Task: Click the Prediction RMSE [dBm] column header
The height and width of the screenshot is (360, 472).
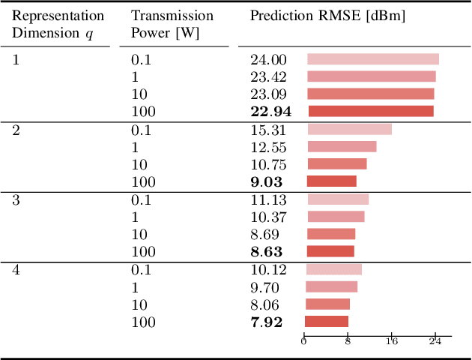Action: click(327, 16)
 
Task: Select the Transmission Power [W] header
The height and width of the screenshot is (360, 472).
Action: click(172, 23)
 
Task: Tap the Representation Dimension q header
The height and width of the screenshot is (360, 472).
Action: click(58, 23)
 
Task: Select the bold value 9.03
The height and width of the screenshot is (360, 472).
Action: click(266, 181)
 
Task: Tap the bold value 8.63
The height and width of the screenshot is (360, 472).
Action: click(266, 252)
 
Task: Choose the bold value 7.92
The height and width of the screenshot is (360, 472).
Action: click(266, 322)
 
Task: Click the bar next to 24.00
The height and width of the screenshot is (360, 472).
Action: click(372, 59)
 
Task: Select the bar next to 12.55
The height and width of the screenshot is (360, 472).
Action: click(342, 147)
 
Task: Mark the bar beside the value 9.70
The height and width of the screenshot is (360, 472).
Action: click(331, 286)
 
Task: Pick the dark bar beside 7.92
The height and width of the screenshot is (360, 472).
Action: click(327, 322)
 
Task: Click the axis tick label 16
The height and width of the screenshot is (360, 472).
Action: click(391, 341)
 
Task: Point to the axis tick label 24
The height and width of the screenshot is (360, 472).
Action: click(435, 341)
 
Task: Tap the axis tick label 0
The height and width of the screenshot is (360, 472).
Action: click(303, 341)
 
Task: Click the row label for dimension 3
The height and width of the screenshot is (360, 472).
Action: click(16, 199)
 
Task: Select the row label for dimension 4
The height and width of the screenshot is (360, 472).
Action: click(16, 269)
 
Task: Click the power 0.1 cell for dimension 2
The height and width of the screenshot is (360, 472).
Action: click(141, 130)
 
